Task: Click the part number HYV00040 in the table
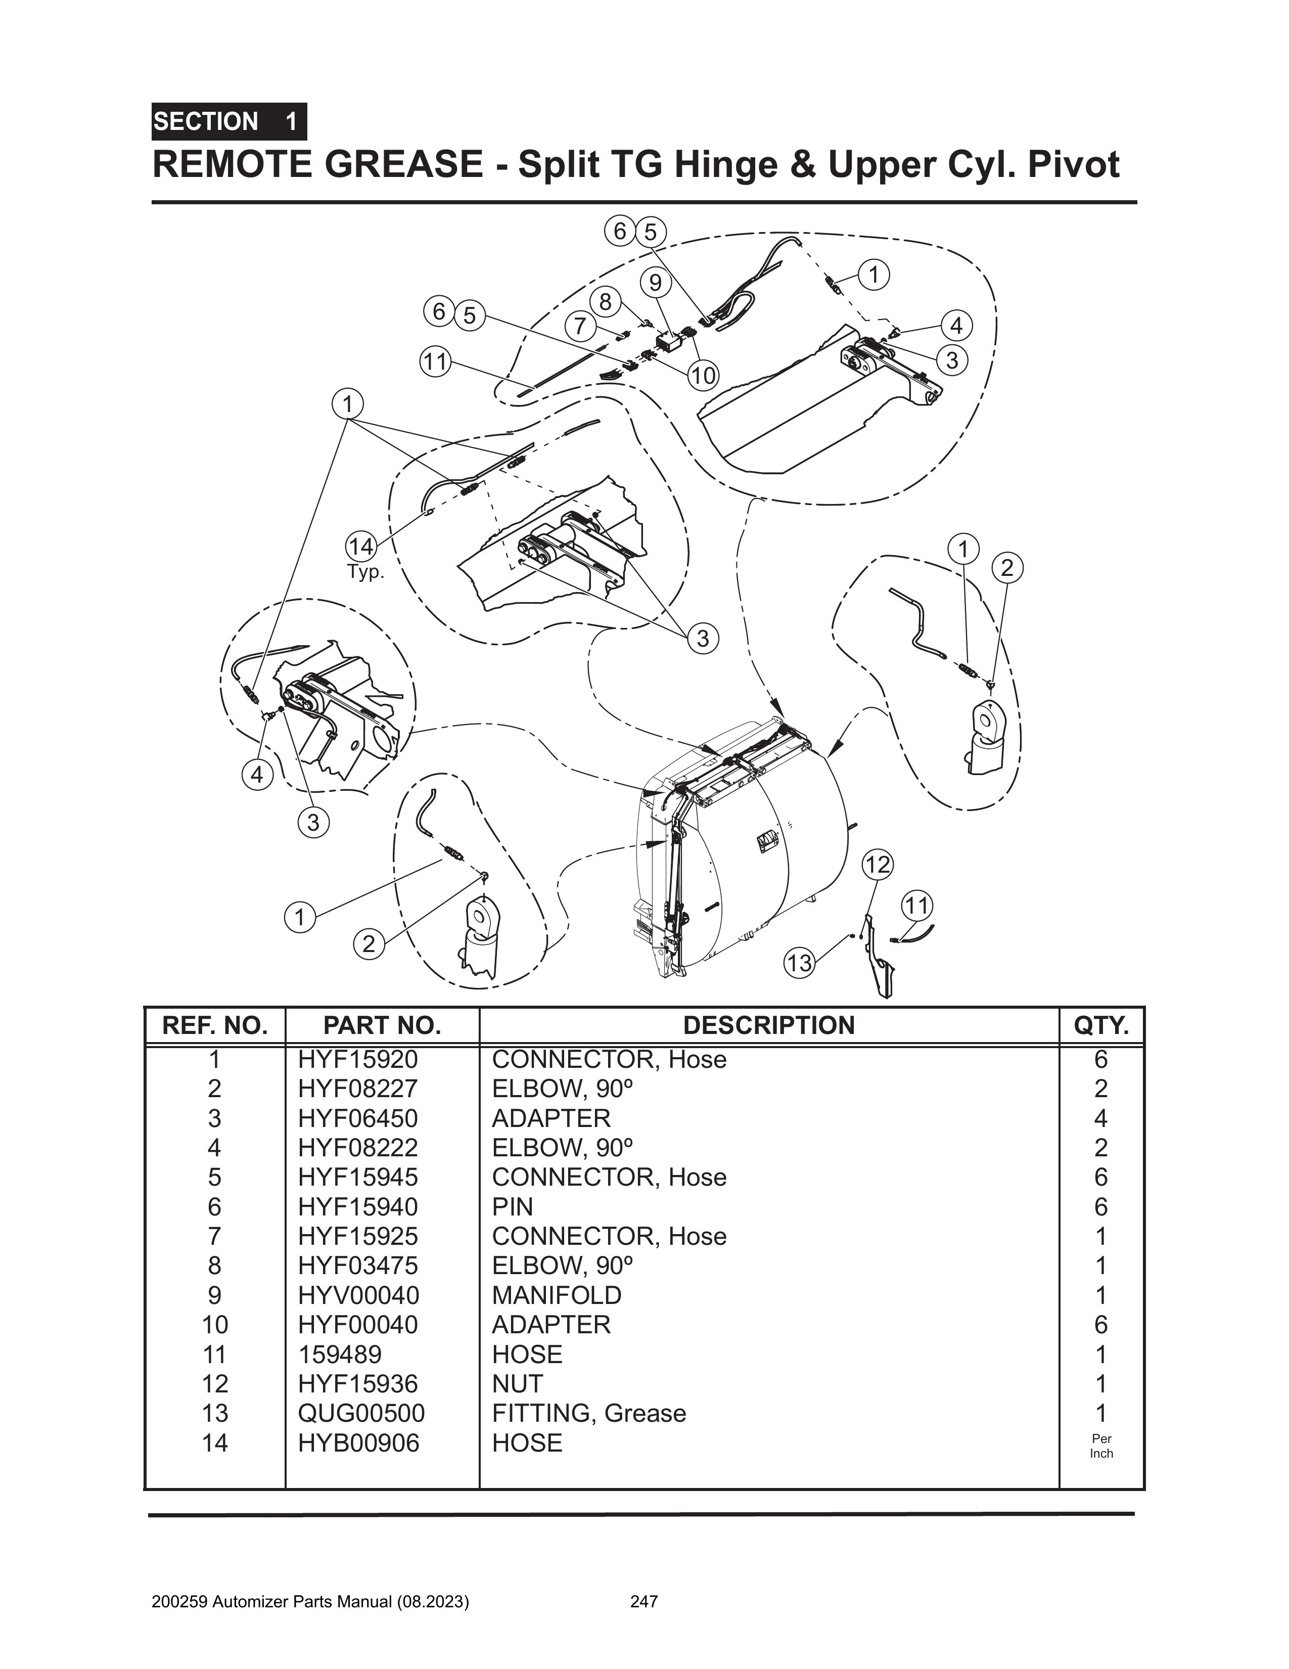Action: click(357, 1295)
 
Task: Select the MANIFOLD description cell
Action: click(556, 1295)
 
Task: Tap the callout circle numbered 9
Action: click(655, 283)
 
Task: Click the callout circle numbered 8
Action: click(605, 302)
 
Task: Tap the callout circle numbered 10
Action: click(703, 375)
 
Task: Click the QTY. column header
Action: click(1101, 1025)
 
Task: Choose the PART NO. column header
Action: click(382, 1025)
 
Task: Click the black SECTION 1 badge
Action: click(228, 121)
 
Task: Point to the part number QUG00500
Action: click(360, 1413)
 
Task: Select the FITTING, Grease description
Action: click(588, 1413)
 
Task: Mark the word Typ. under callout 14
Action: click(366, 572)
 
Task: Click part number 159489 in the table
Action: click(339, 1354)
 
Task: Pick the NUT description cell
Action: click(517, 1383)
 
